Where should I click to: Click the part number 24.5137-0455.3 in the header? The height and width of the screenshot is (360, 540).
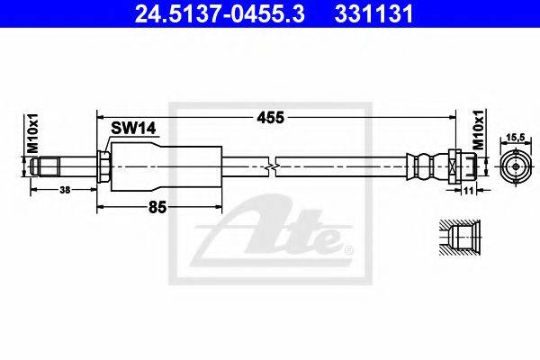(220, 14)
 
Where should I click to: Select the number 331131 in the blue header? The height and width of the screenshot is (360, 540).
(373, 14)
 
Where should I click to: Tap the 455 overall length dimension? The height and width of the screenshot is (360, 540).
(270, 118)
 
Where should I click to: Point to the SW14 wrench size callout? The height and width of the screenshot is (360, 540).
(133, 128)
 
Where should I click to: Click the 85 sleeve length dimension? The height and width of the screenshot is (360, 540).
(157, 207)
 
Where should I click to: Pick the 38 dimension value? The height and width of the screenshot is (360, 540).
(65, 190)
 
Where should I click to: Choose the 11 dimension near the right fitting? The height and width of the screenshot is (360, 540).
(467, 190)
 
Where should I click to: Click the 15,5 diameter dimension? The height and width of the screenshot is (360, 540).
(516, 137)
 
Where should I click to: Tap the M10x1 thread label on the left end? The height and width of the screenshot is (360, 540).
(33, 134)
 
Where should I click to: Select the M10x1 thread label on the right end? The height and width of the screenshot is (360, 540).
(479, 129)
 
